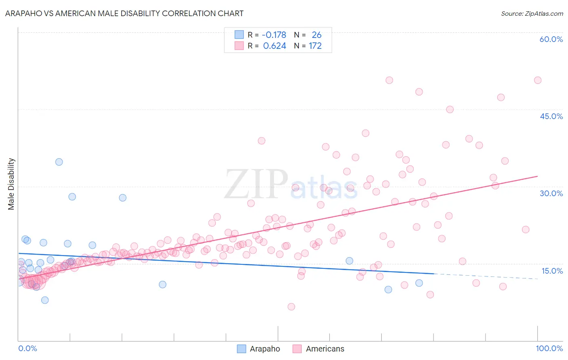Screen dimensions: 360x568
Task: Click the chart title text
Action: coord(124,13)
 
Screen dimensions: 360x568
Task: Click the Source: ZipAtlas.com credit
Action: coord(532,13)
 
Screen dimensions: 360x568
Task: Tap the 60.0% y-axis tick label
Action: coord(551,39)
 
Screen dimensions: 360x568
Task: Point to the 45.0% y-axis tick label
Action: coord(551,116)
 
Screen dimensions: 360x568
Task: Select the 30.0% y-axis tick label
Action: coord(551,193)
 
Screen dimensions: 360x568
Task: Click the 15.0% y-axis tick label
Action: coord(552,271)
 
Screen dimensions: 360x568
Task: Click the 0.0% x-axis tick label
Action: coord(27,348)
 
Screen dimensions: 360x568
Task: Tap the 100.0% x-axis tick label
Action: coord(549,348)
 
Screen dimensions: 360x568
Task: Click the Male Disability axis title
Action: coord(11,184)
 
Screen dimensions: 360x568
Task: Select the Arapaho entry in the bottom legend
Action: coord(265,349)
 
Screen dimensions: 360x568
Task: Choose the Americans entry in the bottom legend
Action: coord(325,349)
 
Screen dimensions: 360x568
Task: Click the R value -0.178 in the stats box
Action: coord(274,35)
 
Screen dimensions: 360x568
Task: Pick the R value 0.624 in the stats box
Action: coord(275,46)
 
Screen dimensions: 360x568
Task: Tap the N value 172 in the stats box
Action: coord(315,46)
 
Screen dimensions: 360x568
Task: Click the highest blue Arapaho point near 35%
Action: coord(59,162)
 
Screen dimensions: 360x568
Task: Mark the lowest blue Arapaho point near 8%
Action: coord(45,300)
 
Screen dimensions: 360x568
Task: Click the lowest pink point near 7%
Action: coord(291,307)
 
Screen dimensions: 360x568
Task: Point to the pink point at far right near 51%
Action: coord(538,80)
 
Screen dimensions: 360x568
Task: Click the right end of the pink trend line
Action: coord(538,176)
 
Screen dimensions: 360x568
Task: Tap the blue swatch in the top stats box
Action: coord(239,35)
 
